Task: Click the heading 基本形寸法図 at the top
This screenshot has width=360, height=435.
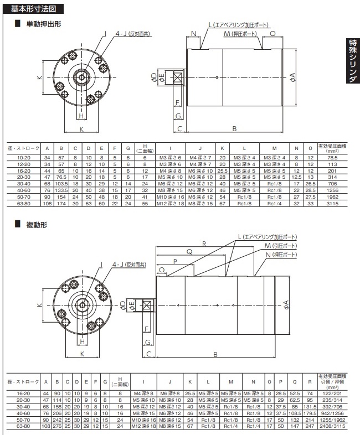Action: point(33,9)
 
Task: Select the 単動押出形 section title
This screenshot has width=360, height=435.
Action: point(44,24)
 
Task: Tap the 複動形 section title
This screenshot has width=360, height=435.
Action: point(37,225)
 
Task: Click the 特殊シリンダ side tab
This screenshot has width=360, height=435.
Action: point(353,61)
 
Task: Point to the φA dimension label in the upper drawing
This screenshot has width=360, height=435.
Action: point(292,77)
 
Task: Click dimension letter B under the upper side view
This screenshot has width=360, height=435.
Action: point(234,129)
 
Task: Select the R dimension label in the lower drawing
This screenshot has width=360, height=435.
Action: point(204,244)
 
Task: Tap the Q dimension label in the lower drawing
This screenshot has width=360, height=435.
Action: point(189,252)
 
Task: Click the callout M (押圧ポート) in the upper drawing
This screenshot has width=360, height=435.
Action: point(240,34)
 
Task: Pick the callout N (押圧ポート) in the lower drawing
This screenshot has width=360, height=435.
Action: point(281,255)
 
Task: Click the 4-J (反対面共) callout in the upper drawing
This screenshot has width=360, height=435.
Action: point(133,34)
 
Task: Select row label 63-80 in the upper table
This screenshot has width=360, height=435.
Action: point(24,204)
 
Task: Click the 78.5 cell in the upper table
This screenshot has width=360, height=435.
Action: point(332,158)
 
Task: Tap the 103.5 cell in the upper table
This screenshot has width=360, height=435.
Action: point(61,184)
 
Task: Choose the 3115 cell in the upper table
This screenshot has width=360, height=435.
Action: point(332,204)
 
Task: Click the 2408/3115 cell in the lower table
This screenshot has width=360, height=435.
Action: point(332,426)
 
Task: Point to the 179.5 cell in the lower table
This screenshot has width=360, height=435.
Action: point(310,413)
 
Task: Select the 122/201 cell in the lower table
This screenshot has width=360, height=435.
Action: point(332,393)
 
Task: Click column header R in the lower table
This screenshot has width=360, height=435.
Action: point(310,382)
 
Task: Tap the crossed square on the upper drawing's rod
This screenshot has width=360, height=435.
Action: point(178,77)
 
